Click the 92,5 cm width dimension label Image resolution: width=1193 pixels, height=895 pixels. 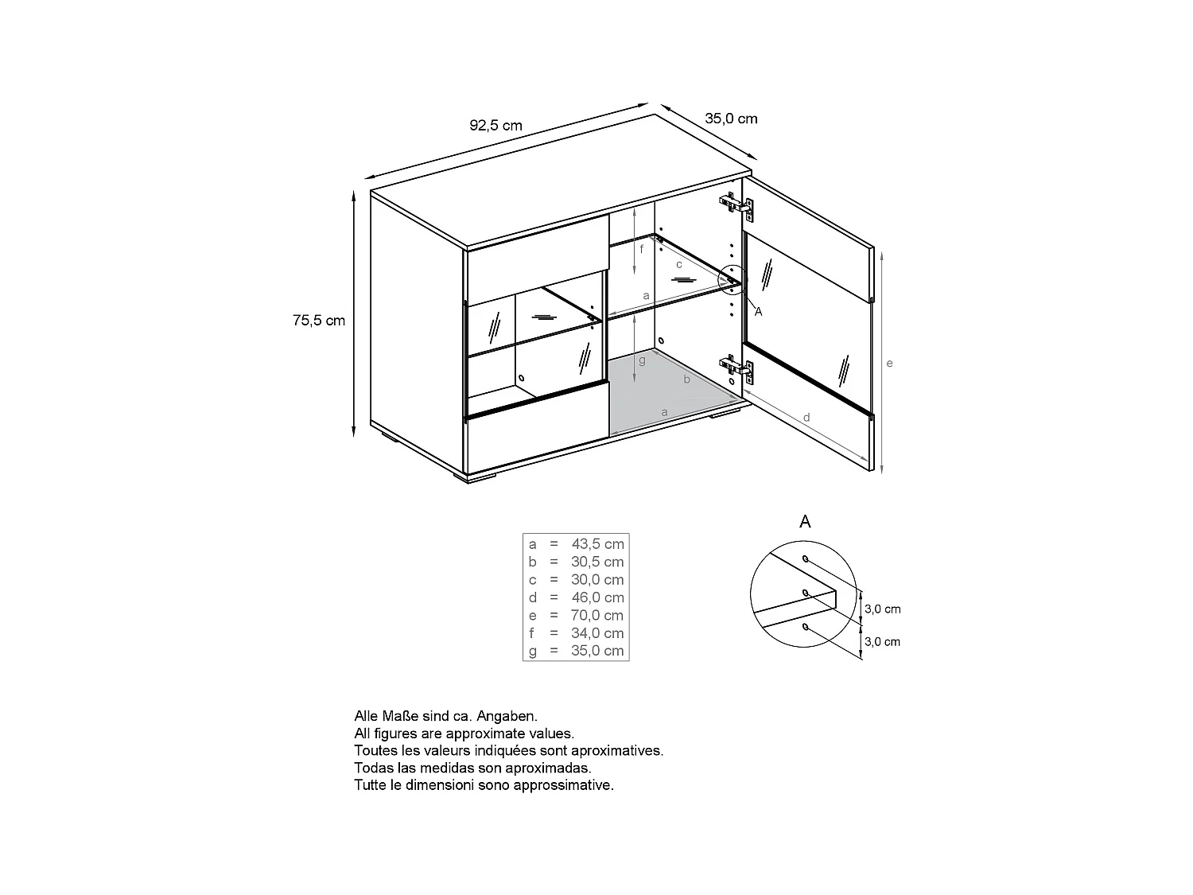(495, 125)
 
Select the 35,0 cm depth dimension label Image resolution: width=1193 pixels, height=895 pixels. (731, 119)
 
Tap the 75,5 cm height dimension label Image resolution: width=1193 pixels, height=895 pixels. (319, 321)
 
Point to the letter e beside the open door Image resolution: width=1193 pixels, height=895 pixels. (889, 364)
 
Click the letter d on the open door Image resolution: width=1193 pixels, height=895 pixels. (806, 417)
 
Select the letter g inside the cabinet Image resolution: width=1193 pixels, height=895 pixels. (642, 360)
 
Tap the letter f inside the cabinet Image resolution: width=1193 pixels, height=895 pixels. (642, 248)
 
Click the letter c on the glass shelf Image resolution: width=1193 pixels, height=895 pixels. (679, 264)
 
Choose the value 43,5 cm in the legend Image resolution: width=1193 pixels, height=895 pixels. (597, 544)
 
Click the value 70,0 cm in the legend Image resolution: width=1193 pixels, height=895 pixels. (597, 615)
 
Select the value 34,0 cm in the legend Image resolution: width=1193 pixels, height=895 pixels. (597, 633)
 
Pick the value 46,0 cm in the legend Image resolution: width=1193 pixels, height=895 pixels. (597, 597)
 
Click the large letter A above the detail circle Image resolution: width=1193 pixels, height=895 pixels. (805, 522)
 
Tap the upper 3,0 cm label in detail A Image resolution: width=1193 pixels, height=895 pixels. (882, 609)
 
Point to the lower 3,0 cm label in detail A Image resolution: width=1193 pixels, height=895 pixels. (882, 642)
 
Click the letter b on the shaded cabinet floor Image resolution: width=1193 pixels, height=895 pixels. (687, 380)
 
